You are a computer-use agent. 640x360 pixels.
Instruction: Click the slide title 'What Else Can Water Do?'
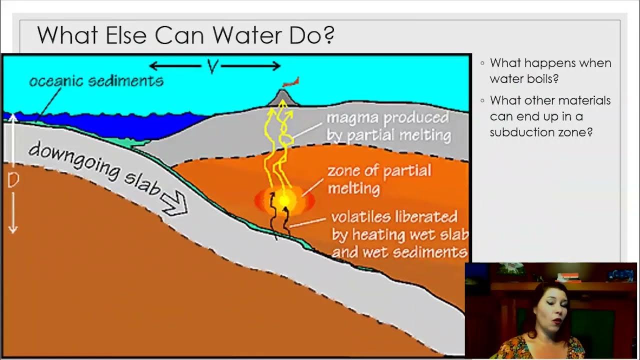185,35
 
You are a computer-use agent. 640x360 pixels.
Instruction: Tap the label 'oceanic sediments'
96,80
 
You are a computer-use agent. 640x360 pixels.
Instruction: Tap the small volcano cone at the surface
283,97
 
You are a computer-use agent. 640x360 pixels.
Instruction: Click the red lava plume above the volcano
291,82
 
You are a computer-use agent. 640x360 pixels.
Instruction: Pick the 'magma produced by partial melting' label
388,126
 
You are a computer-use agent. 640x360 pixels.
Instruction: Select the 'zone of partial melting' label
378,179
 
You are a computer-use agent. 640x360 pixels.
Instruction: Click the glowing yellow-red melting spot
284,200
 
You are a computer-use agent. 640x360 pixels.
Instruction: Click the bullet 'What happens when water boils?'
550,71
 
